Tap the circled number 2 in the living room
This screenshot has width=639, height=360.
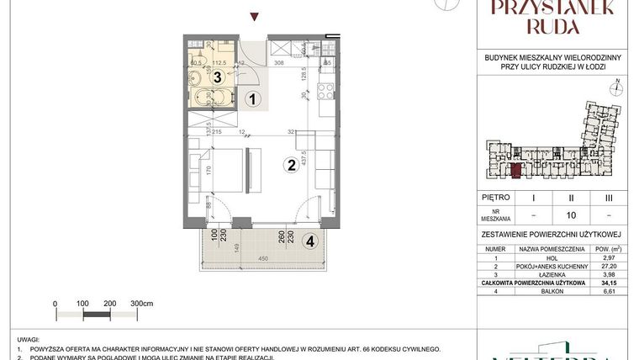(289, 165)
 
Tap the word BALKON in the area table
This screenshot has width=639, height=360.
(552, 292)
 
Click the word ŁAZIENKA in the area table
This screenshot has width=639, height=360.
(552, 275)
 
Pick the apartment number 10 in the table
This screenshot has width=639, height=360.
(572, 214)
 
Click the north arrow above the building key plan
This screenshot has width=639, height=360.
(617, 83)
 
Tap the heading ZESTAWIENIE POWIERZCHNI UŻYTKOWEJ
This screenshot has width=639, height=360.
(552, 236)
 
